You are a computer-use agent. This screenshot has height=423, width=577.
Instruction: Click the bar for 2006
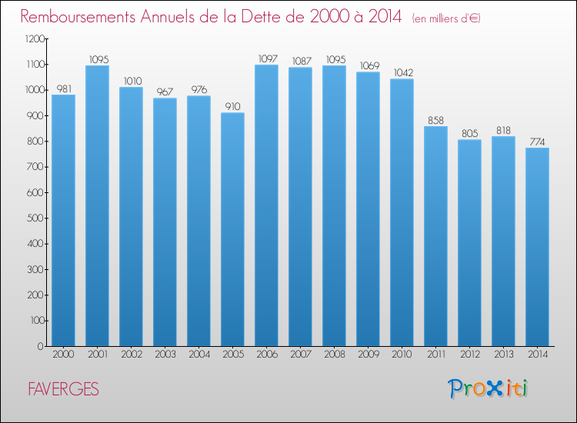click(266, 205)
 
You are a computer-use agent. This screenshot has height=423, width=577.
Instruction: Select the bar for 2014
click(537, 247)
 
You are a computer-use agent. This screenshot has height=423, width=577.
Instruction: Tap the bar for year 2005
click(232, 229)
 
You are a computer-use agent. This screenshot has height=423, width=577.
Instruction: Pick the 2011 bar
click(435, 236)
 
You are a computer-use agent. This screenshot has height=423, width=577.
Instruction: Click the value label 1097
click(268, 59)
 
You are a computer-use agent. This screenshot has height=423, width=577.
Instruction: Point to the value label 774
click(537, 142)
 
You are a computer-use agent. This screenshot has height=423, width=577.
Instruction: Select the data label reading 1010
click(132, 81)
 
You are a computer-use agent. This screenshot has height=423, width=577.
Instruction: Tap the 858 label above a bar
click(435, 120)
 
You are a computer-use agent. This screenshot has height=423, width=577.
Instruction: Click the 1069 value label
click(369, 66)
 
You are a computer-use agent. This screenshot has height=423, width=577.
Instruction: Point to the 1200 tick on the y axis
click(35, 38)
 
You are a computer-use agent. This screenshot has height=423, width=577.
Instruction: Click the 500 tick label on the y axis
click(35, 218)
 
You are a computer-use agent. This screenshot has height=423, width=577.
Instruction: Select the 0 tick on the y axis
click(41, 346)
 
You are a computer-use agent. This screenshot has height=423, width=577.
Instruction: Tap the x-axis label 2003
click(165, 355)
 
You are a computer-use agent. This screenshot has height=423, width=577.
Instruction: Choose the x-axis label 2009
click(369, 355)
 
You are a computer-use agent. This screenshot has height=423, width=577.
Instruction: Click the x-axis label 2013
click(503, 355)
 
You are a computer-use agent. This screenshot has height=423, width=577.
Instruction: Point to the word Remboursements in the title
click(78, 17)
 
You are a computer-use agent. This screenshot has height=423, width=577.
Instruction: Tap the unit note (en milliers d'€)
click(446, 18)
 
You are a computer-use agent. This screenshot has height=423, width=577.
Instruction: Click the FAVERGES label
click(63, 389)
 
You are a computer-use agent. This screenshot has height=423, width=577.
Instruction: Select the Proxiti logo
click(488, 388)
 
